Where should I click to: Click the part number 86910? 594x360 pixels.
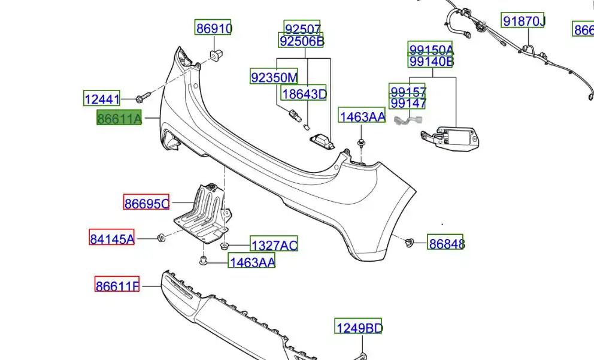[x=214, y=28]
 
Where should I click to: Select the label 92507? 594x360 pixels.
[x=302, y=28]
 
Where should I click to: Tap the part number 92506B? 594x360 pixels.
[x=302, y=41]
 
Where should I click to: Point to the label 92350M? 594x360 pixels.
[x=274, y=77]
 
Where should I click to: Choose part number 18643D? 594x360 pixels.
[x=304, y=93]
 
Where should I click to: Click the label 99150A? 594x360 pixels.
[x=431, y=49]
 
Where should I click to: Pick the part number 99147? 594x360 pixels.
[x=408, y=103]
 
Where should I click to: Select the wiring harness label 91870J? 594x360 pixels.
[x=523, y=22]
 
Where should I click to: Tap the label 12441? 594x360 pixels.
[x=102, y=99]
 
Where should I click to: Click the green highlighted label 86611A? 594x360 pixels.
[x=119, y=119]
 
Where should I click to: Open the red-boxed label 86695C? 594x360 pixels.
[x=147, y=204]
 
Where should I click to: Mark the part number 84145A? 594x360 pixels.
[x=112, y=238]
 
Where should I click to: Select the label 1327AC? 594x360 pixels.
[x=273, y=244]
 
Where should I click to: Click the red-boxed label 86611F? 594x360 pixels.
[x=117, y=286]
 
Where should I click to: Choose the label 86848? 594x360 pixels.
[x=445, y=243]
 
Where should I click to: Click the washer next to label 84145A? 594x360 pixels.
[x=161, y=238]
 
